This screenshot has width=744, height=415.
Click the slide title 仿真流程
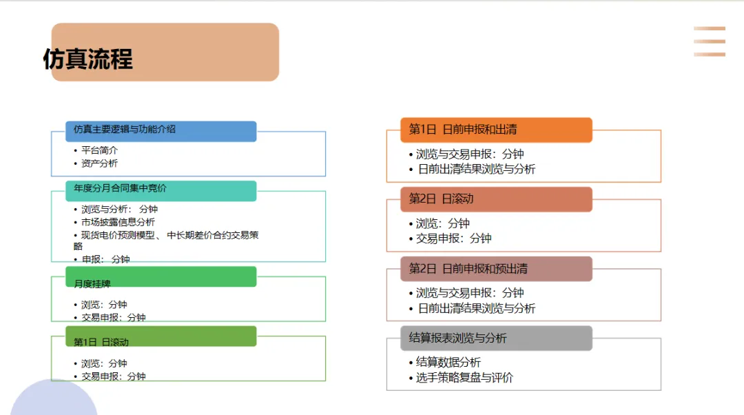coord(88,59)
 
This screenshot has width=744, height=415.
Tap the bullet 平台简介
coord(99,150)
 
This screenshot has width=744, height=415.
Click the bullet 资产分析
coord(99,163)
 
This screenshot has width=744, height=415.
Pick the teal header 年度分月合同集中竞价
coord(120,188)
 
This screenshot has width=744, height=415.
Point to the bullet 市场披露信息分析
coord(118,222)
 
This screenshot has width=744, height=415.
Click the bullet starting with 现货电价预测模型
coord(169,236)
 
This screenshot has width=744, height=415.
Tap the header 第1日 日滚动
coord(101,342)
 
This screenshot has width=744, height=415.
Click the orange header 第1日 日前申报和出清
coord(463,129)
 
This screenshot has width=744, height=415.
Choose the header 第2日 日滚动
coord(441,199)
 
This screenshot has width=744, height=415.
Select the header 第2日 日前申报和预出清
coord(468,268)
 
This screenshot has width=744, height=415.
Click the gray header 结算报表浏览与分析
coord(457,338)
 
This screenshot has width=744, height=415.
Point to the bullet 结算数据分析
coord(448,363)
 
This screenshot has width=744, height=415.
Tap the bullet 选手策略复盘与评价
coord(464,378)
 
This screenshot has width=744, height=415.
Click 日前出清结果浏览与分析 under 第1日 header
coord(476,170)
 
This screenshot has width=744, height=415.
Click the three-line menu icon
coord(710,41)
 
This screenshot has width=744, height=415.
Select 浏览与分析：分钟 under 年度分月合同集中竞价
coord(119,209)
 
